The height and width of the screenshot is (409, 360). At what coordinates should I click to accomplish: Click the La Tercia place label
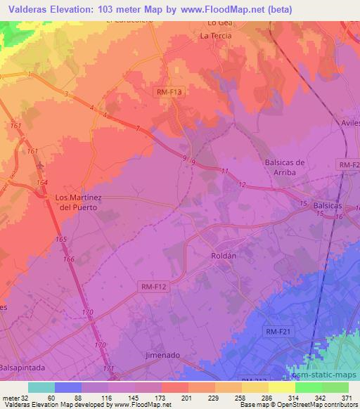click(215, 35)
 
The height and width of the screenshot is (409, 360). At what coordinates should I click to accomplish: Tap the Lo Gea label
click(214, 23)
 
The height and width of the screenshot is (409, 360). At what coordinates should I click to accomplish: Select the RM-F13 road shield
click(168, 91)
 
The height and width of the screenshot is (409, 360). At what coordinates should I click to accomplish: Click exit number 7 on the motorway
click(138, 128)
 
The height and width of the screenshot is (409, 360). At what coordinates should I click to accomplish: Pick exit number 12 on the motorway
click(242, 184)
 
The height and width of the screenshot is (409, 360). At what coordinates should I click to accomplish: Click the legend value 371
click(348, 398)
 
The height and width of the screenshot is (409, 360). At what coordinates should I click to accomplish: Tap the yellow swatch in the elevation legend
click(282, 387)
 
